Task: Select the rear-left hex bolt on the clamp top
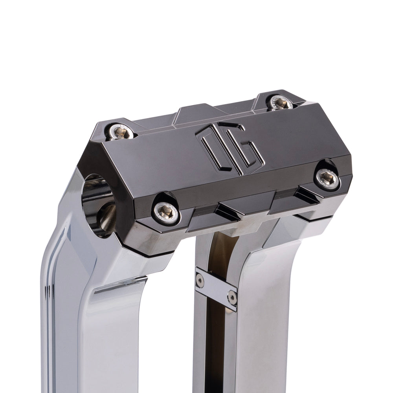[121, 132]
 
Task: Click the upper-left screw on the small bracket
[200, 279]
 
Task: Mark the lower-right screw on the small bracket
[232, 298]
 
